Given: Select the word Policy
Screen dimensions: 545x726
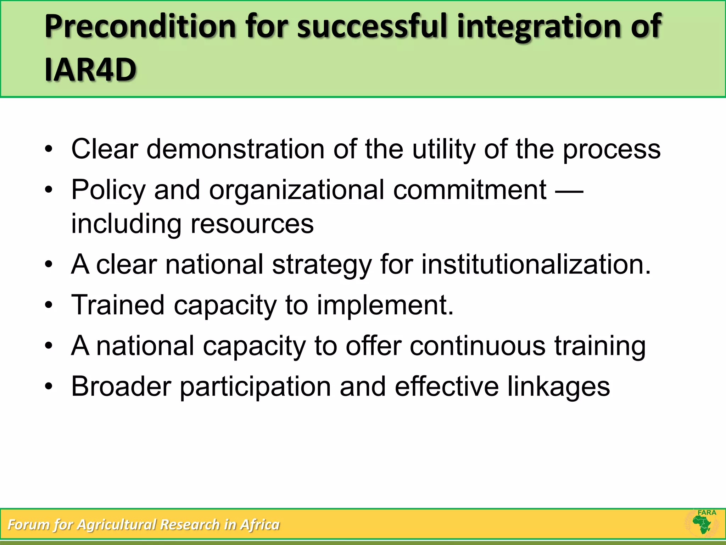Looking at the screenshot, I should pos(108,190).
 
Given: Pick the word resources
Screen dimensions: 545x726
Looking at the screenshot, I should pos(252,224).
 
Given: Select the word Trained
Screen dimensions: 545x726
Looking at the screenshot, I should pos(118,305).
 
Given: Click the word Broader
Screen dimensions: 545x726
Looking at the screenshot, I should pos(121,386).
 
